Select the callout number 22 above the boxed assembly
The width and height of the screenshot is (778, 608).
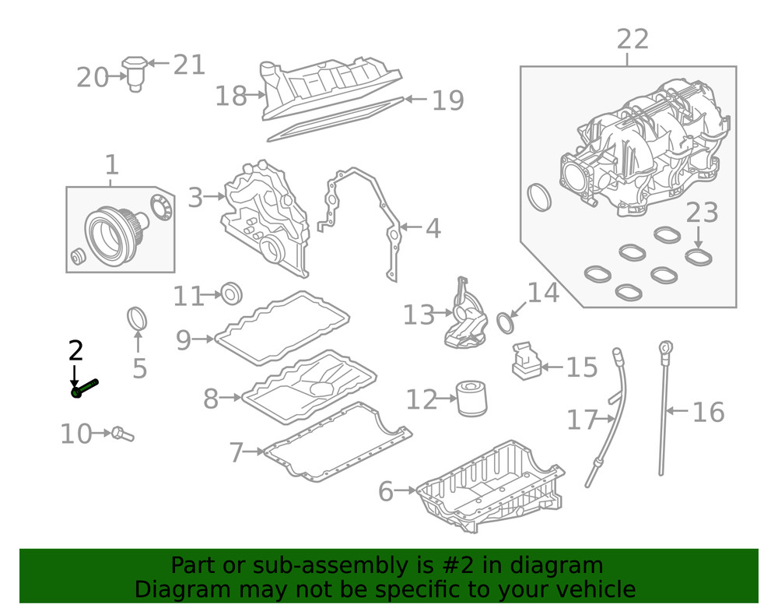pos(632,39)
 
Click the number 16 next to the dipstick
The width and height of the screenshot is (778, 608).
pos(707,412)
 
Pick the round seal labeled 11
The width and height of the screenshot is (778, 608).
pos(232,294)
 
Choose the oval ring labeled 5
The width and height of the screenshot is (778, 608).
pos(137,319)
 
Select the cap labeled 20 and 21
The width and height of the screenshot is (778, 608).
pos(136,72)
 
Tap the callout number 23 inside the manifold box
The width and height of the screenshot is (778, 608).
pos(702,212)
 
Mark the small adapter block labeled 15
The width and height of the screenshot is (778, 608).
pos(526,363)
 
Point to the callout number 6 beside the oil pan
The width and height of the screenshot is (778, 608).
pos(386,491)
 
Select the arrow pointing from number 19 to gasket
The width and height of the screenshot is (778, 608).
pos(416,100)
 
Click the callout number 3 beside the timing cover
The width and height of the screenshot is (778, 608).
pos(194,198)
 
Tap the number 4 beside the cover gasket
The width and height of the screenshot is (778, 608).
pos(433,229)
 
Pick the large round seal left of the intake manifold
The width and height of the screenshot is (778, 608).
pos(538,197)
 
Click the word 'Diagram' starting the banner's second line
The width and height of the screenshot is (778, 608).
pos(171,589)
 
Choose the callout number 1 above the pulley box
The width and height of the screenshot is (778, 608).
pos(111,165)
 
